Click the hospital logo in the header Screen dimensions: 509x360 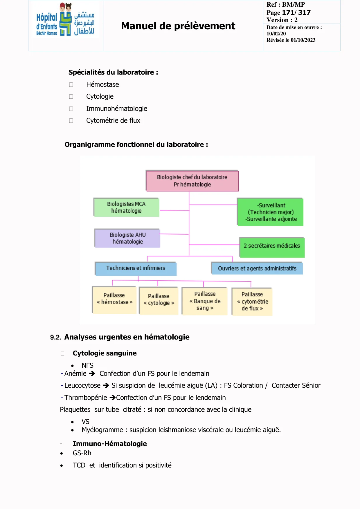(x=65, y=20)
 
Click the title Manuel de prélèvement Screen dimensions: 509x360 (x=178, y=26)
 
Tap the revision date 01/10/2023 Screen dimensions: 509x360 (x=303, y=40)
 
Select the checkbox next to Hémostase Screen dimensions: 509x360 (x=71, y=85)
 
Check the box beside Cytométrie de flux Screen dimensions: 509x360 (x=71, y=121)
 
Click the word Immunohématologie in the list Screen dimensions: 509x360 (x=116, y=109)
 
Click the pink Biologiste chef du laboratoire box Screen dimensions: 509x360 (x=192, y=181)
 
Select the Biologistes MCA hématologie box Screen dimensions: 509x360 (x=126, y=207)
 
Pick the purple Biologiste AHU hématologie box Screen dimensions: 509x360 (x=127, y=238)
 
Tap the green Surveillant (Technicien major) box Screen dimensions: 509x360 (x=271, y=212)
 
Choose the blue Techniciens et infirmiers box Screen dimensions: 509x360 (x=136, y=268)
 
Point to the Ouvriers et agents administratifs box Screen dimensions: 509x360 (x=257, y=268)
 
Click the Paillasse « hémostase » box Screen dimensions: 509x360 (x=114, y=300)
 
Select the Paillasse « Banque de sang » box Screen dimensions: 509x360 (x=205, y=301)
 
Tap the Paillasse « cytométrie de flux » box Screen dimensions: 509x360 (x=252, y=302)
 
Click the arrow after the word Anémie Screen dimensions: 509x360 (x=92, y=373)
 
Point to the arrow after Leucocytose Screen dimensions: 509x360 (x=106, y=385)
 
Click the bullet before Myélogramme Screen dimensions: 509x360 (x=72, y=430)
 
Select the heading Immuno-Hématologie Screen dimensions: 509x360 (x=109, y=444)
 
